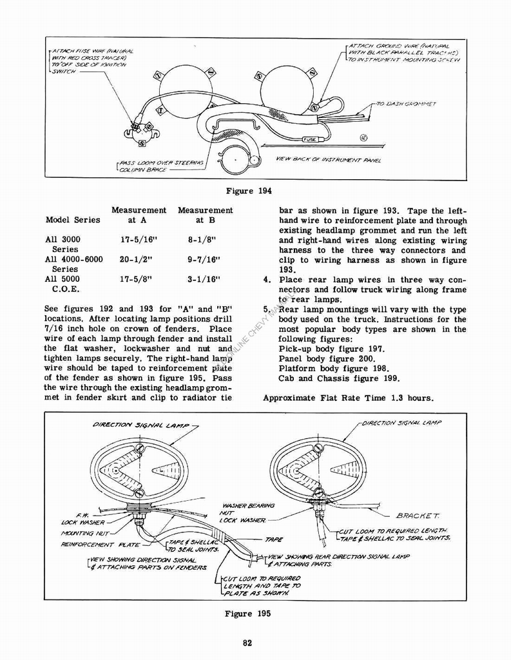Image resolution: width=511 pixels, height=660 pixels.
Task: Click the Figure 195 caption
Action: [x=247, y=614]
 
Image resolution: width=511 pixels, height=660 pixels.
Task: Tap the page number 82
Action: [x=247, y=641]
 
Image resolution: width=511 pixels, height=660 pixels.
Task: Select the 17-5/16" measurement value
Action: [x=139, y=240]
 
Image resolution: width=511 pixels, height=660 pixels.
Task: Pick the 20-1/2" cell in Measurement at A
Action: [x=139, y=260]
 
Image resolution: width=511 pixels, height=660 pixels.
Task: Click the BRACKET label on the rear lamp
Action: [x=418, y=516]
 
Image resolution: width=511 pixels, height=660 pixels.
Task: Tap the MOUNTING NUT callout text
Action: [x=84, y=534]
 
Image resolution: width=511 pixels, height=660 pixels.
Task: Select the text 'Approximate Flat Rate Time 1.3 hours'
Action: [x=348, y=398]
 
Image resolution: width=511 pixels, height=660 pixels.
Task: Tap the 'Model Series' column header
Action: [x=73, y=220]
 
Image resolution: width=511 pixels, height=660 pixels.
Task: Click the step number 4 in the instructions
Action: [x=266, y=280]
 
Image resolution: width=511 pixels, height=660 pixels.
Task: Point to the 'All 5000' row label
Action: [x=63, y=280]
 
